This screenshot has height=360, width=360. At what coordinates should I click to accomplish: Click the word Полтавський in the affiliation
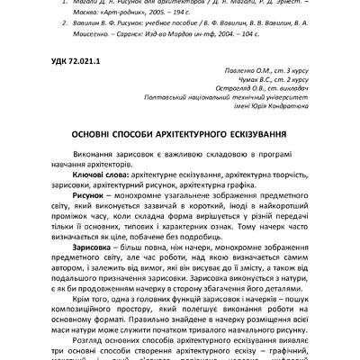coord(180,106)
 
